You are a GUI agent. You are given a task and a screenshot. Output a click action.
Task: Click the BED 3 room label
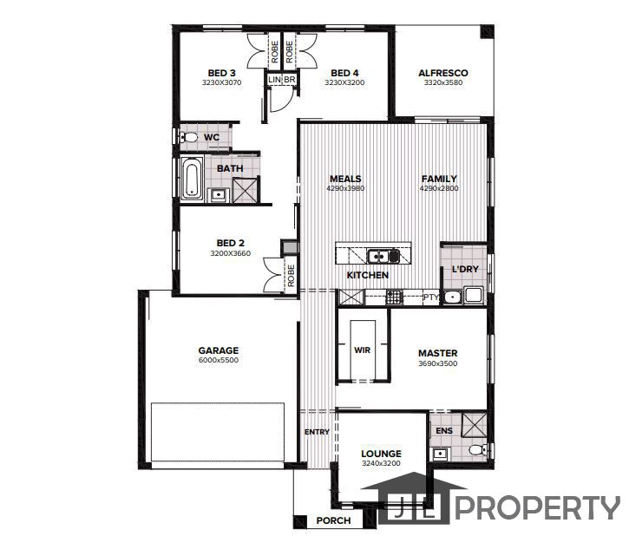(221, 73)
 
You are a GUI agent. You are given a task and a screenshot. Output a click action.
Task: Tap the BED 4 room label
(344, 73)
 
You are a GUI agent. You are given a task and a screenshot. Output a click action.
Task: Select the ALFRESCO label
(442, 73)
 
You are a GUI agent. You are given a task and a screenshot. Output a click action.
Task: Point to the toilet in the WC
(188, 137)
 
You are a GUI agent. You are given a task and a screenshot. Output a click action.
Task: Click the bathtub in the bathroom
(192, 178)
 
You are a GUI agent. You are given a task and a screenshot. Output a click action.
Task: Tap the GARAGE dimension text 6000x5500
(218, 361)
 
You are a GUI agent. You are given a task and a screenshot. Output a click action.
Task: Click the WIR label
(362, 350)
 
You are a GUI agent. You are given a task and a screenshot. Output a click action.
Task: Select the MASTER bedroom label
(437, 353)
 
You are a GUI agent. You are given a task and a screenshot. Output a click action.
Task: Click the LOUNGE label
(381, 454)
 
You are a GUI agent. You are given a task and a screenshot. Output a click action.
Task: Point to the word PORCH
(333, 521)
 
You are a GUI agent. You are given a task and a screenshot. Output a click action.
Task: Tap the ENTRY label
(316, 432)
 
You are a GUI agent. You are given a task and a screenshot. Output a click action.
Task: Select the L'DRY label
(465, 270)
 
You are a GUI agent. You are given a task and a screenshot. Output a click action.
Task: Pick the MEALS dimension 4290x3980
(344, 188)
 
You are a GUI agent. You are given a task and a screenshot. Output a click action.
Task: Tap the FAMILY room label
(439, 179)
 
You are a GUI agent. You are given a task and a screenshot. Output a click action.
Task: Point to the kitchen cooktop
(394, 297)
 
